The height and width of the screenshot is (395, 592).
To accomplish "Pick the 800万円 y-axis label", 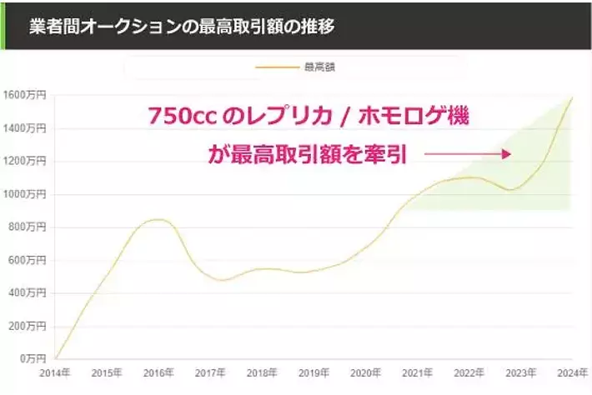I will (x=27, y=227).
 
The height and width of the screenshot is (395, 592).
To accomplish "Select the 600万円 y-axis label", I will (x=27, y=260).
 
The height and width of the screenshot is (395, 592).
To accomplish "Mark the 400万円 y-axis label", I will (x=27, y=292).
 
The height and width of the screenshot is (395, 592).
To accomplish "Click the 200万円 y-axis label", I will (x=27, y=326).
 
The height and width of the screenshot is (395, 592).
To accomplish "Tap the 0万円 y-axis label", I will (x=32, y=358).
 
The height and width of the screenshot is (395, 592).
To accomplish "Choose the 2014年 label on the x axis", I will (x=55, y=373).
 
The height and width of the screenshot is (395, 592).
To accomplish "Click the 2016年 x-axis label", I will (x=158, y=373).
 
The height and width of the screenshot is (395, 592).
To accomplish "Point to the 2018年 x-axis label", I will (x=263, y=373).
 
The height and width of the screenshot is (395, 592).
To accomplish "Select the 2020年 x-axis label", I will (x=365, y=373).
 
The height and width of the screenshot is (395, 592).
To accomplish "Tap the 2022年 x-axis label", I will (x=469, y=373).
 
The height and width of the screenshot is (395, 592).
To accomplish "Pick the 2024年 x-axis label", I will (x=572, y=373).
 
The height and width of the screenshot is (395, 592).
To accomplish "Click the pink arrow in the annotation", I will (x=467, y=154).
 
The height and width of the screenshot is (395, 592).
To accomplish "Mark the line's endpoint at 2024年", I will (x=573, y=97).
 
